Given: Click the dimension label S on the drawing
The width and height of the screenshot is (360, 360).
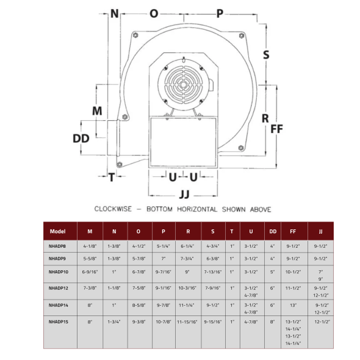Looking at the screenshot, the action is [266, 55].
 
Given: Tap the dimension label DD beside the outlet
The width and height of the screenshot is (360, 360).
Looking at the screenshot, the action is [81, 139].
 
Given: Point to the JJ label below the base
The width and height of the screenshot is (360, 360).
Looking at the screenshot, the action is [184, 195].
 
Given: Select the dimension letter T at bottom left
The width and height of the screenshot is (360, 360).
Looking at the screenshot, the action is [112, 177].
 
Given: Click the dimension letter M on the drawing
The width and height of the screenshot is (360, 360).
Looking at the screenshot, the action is [97, 111].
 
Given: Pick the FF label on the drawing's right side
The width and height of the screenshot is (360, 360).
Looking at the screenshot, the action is [276, 129].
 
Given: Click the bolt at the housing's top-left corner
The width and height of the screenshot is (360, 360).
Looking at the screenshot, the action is [135, 35].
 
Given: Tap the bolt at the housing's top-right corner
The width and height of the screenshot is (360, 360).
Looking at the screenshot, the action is [242, 35].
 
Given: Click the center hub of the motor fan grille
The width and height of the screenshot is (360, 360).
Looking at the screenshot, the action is [183, 85].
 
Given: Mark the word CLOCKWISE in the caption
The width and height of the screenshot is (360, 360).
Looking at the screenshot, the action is [113, 209].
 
